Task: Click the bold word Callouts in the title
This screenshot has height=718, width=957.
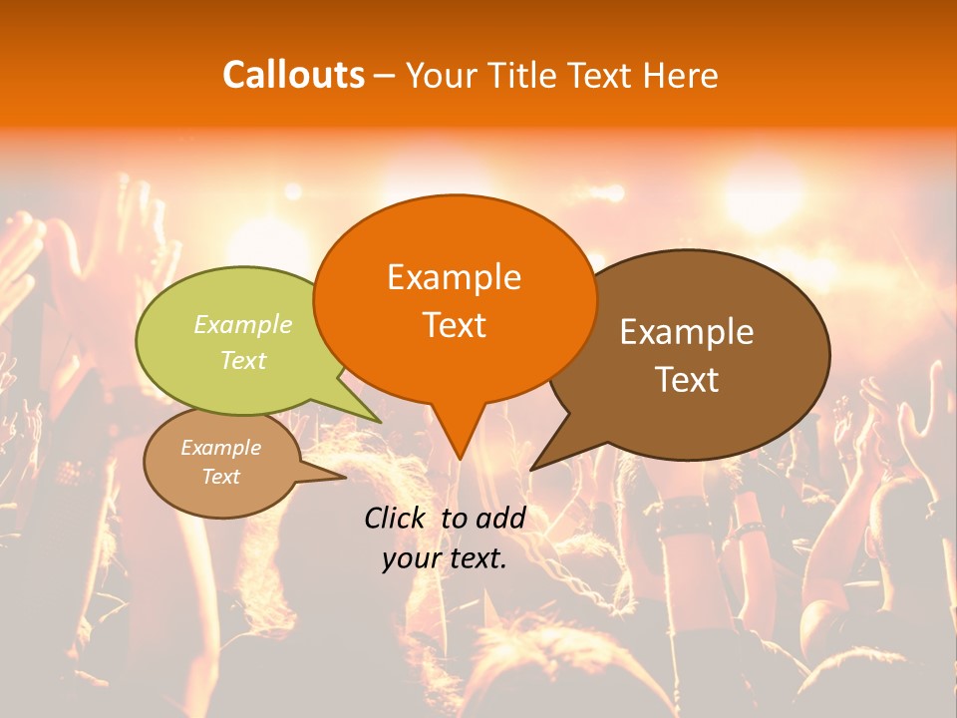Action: click(x=293, y=75)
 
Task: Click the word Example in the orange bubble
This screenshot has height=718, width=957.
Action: click(x=454, y=276)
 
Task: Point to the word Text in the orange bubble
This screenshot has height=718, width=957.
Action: click(x=454, y=324)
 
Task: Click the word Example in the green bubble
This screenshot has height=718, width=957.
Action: click(x=243, y=324)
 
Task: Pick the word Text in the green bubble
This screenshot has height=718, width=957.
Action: click(x=243, y=360)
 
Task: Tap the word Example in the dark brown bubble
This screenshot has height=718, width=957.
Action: click(x=687, y=331)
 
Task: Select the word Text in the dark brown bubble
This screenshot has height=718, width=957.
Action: click(x=687, y=379)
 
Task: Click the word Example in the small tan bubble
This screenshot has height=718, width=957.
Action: click(x=220, y=448)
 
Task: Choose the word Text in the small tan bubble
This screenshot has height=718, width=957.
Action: click(x=220, y=477)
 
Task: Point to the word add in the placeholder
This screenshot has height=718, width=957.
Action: click(x=502, y=518)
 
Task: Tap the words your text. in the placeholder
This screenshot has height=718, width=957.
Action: click(x=445, y=558)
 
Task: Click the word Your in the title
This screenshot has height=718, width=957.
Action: click(x=440, y=75)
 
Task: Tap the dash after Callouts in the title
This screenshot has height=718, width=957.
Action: click(x=384, y=75)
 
